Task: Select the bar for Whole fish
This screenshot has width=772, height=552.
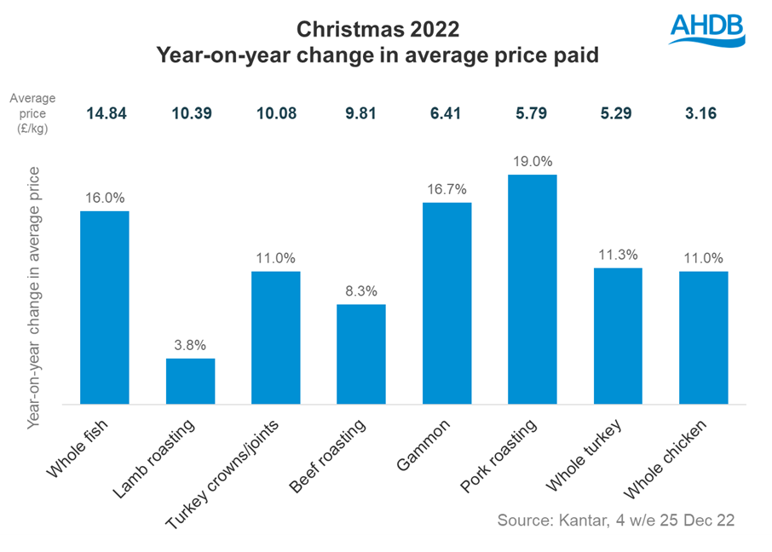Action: (105, 308)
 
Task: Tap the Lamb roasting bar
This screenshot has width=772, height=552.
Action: (190, 381)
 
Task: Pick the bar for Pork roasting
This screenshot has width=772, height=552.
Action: (532, 290)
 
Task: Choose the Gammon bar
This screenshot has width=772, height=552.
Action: (446, 303)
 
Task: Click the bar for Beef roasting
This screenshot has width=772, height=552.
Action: (361, 354)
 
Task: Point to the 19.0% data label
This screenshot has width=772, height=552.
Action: (532, 161)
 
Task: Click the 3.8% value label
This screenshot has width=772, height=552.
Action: (190, 345)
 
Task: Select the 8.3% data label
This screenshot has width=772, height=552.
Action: (361, 290)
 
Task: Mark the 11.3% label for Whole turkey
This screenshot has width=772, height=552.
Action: (618, 254)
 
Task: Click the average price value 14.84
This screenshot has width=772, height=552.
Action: (105, 112)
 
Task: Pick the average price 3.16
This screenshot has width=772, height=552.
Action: (703, 112)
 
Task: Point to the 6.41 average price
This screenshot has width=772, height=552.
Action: (446, 112)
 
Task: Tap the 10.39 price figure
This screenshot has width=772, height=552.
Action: (190, 112)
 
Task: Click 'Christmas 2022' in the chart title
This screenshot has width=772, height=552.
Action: (377, 30)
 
